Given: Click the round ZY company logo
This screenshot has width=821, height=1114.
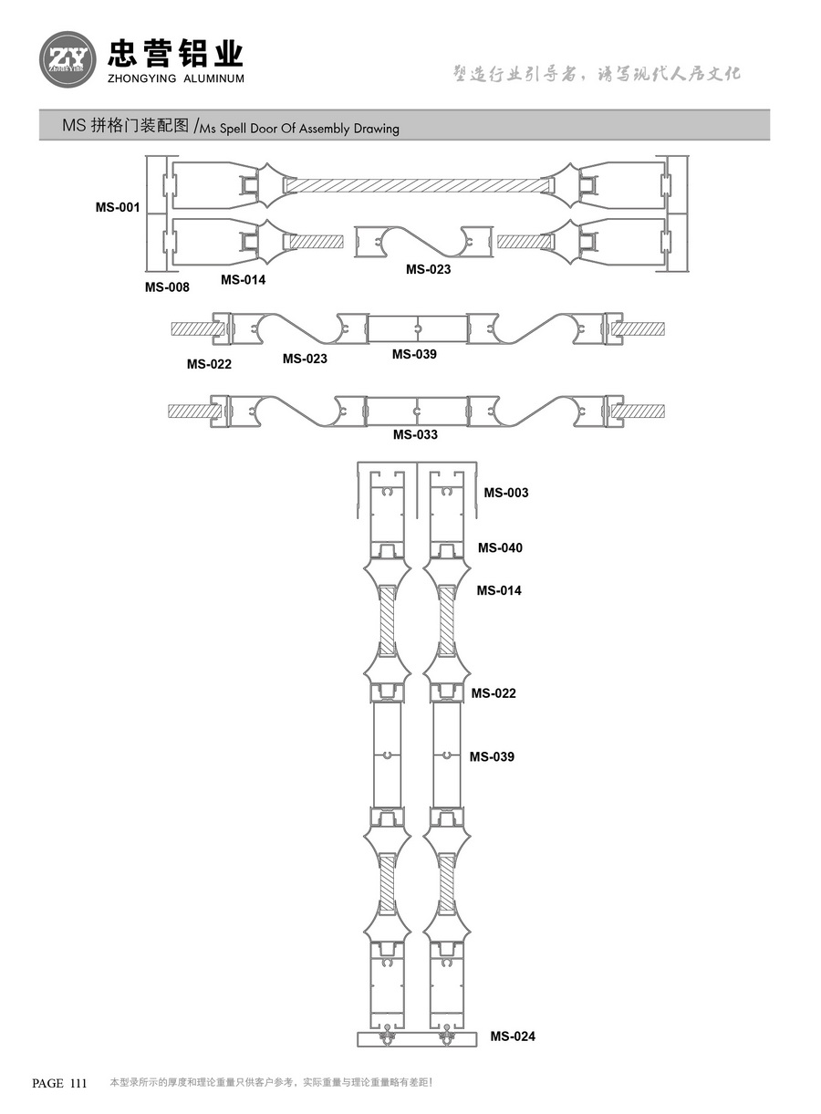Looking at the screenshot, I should tap(68, 59).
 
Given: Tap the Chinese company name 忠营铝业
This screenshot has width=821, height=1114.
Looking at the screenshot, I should tap(176, 53).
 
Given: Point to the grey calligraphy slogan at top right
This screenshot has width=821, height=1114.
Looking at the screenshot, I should tap(598, 73).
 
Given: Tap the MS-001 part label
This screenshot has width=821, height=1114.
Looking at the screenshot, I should tap(118, 207).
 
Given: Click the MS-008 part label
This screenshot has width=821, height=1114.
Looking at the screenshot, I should tap(167, 287).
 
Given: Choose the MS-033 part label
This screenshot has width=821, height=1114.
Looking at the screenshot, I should tap(415, 434).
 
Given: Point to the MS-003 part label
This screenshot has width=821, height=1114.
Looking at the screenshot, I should tap(506, 493).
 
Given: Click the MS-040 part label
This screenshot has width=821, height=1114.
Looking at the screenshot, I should tap(500, 547).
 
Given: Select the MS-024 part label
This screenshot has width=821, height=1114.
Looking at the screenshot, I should tap(513, 1036).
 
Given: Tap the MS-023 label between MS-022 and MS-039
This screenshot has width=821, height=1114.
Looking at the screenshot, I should tap(305, 359).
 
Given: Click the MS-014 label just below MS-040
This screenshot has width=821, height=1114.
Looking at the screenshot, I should tap(499, 590).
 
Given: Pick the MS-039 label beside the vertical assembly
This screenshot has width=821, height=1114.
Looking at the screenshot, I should tap(492, 756).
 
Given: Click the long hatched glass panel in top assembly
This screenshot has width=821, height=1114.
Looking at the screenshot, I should tap(420, 185).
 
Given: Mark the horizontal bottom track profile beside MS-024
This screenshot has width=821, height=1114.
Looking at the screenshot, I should tap(417, 1039).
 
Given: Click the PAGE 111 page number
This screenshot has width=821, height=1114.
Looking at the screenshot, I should tap(59, 1083).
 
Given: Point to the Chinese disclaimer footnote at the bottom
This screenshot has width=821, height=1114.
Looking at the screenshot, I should tap(271, 1083).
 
